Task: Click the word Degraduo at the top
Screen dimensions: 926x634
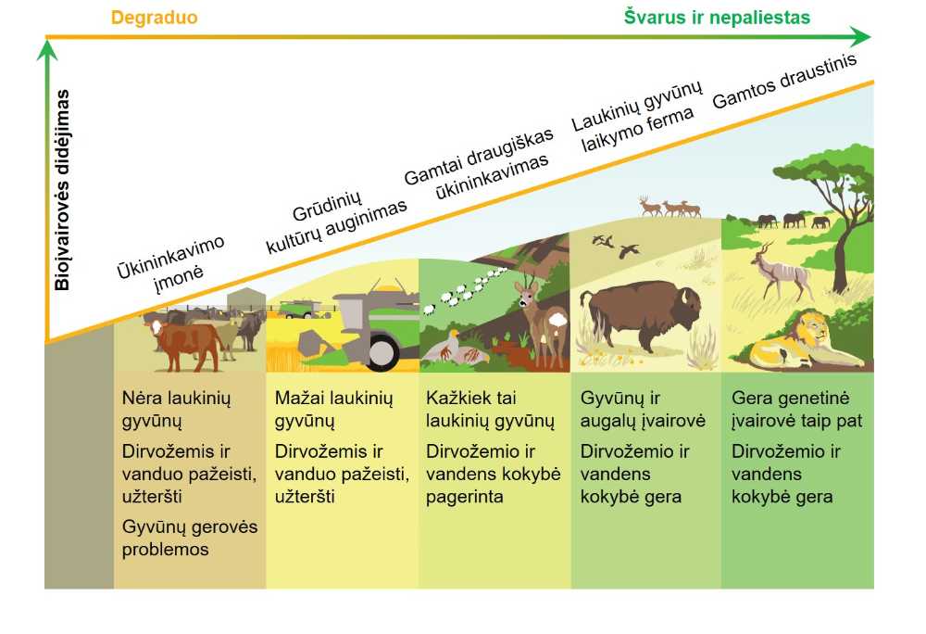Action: click(154, 18)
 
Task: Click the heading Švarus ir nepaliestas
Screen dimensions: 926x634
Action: click(717, 17)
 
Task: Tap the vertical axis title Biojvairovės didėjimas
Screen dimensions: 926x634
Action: click(62, 190)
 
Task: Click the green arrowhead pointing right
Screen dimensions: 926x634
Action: click(861, 37)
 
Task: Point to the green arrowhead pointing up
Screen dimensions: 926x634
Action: click(47, 50)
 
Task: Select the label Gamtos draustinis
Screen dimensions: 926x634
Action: click(784, 82)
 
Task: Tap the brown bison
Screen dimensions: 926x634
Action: click(640, 313)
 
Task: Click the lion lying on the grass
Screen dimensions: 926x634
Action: click(802, 340)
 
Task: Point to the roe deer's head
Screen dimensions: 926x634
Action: click(528, 291)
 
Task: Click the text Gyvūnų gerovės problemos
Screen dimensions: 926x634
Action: click(190, 538)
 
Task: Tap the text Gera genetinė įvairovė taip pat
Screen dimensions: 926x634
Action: click(796, 409)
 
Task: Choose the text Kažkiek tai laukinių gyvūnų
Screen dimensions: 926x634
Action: click(490, 409)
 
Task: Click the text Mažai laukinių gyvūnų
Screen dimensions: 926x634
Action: click(333, 409)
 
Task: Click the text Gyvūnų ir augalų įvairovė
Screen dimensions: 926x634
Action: click(643, 409)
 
